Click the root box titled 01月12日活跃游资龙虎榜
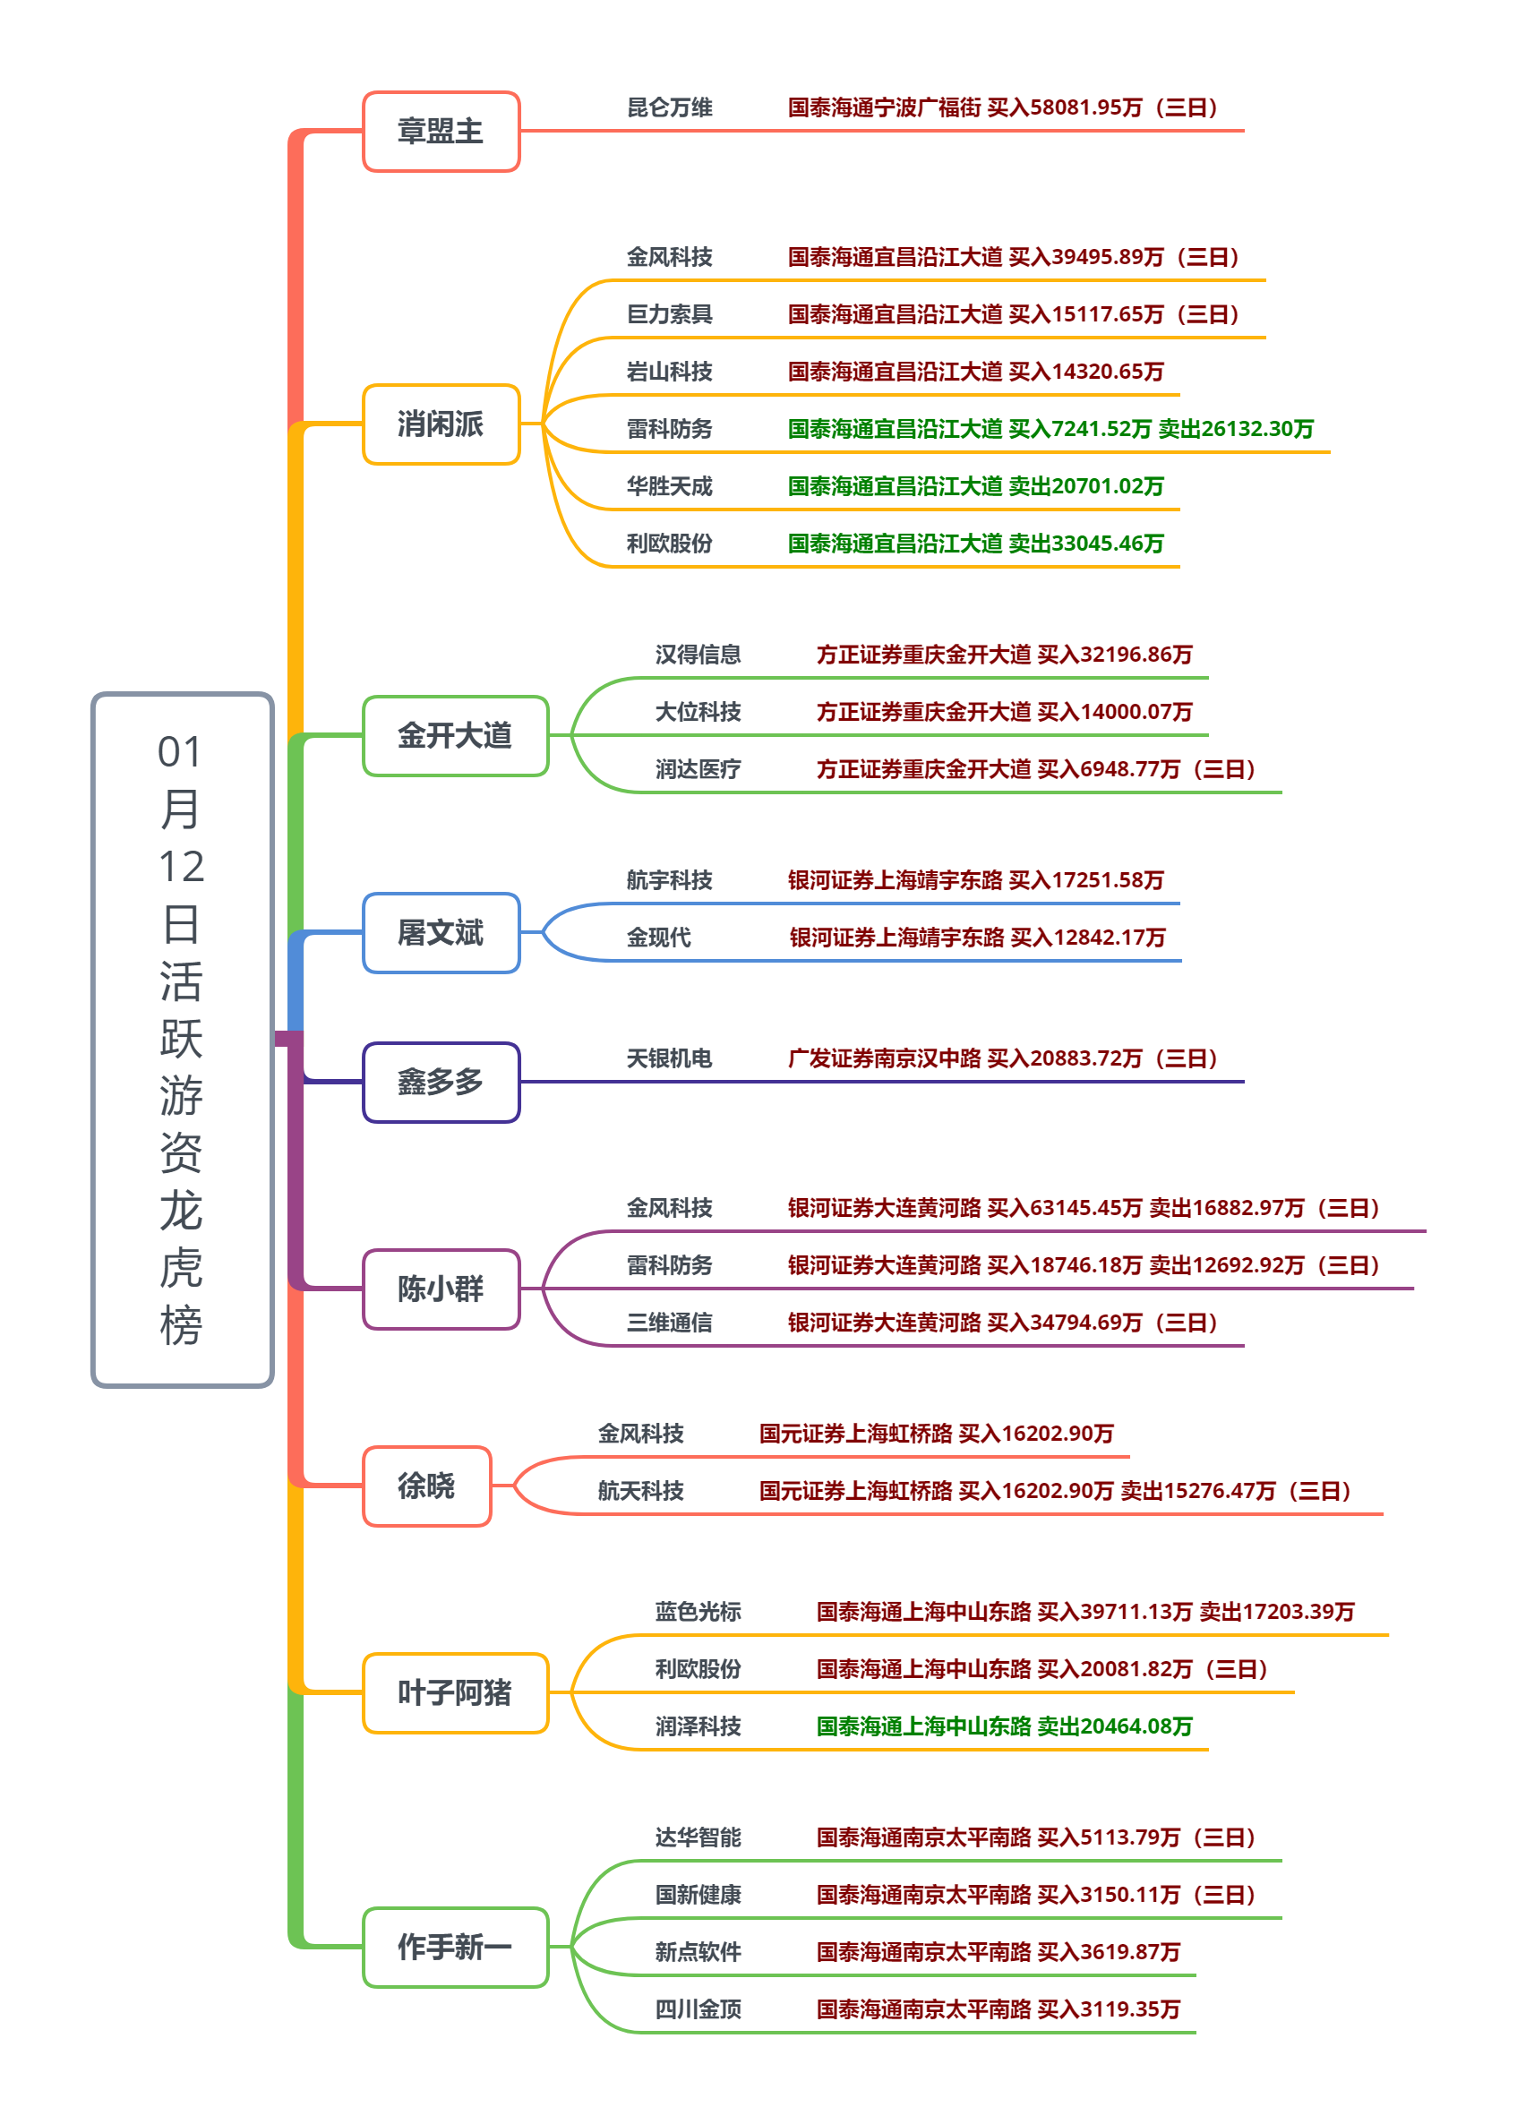182,1039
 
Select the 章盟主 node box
441,132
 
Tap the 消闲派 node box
441,424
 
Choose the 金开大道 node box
455,736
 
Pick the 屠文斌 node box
441,933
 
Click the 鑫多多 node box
441,1083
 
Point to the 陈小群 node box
441,1289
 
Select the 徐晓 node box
427,1486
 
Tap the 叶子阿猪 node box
455,1692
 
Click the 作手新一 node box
455,1948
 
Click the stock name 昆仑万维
669,108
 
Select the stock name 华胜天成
669,486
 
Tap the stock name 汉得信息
698,655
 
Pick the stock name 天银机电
669,1059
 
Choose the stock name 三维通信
669,1323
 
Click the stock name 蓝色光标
698,1612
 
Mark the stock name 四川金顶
698,2009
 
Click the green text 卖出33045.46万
1086,544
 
